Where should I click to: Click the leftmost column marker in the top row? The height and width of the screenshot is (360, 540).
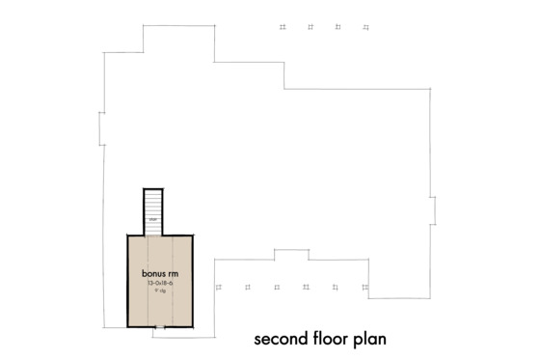281,27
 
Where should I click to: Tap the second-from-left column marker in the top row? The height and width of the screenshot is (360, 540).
309,27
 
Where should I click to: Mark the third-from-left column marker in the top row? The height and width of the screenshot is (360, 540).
337,27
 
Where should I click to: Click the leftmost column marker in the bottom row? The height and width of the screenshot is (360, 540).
220,287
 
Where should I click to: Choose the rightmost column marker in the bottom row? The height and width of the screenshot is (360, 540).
363,287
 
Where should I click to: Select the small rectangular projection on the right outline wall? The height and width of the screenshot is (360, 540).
435,207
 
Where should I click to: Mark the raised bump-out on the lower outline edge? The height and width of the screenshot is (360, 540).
290,253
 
